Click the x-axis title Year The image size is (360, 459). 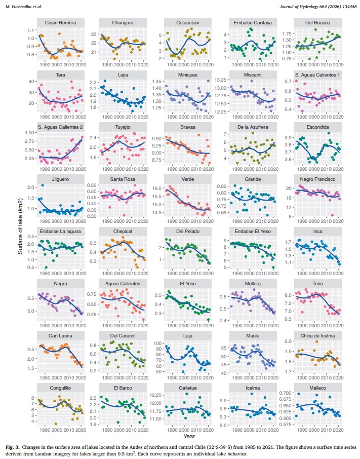pyautogui.click(x=190, y=435)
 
